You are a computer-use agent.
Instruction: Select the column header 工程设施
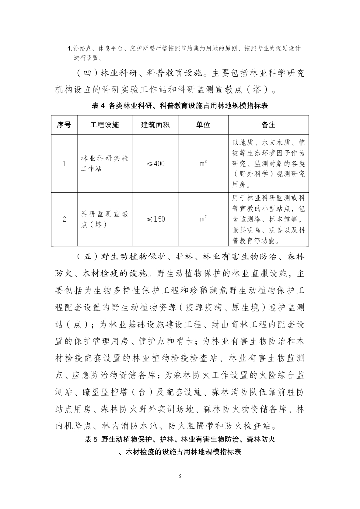105,124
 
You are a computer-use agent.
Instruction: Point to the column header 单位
203,124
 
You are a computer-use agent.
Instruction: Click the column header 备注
269,124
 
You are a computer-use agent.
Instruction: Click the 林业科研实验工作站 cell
105,164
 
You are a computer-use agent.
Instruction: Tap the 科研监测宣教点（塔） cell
105,219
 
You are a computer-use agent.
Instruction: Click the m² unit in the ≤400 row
203,164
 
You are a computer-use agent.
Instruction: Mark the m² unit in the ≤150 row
203,219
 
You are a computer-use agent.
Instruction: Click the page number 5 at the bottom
180,477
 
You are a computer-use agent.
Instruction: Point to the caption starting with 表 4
180,106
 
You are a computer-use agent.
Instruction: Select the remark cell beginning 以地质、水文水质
269,164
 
